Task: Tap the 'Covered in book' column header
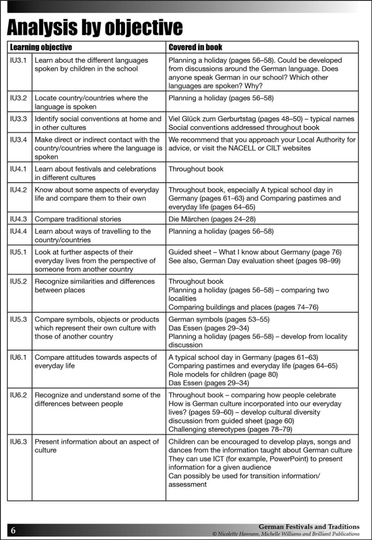(x=195, y=47)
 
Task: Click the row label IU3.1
(x=19, y=60)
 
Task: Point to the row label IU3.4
(x=19, y=140)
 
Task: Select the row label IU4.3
(x=19, y=219)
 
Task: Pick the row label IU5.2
(x=19, y=282)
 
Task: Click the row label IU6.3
(x=19, y=442)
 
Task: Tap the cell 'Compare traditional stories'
(x=78, y=219)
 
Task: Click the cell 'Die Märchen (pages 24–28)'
(x=212, y=219)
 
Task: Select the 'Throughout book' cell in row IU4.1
(x=196, y=169)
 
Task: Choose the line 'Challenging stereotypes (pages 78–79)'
(x=230, y=429)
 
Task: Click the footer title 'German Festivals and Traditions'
(x=309, y=527)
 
